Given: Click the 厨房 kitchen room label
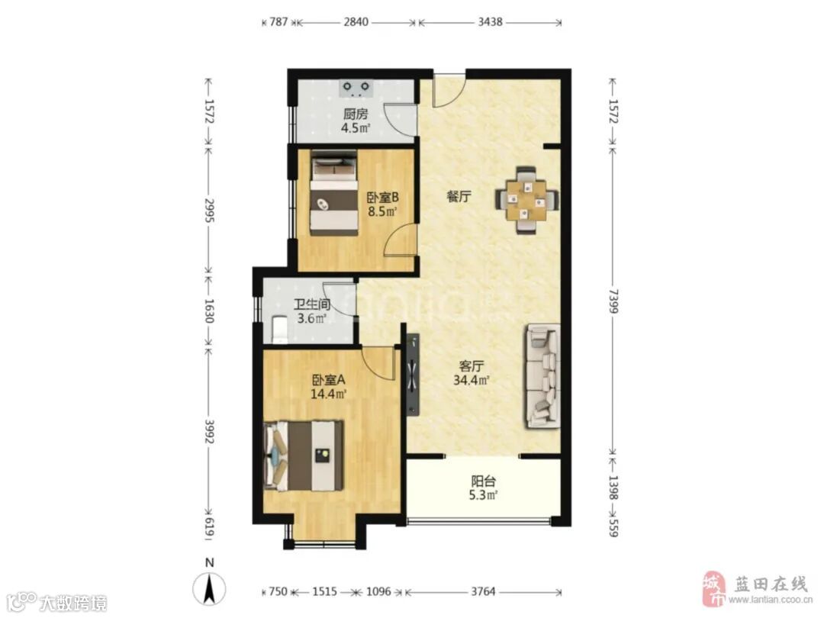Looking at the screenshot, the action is coord(356,114).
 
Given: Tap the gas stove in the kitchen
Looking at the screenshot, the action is coord(356,89).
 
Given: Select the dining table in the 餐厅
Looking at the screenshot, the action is coord(526,200).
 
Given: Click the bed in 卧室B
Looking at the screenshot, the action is coord(333,193).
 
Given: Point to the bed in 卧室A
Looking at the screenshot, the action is coord(304,455).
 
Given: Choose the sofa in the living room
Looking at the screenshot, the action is coord(541,376).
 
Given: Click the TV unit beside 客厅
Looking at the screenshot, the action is coord(413,374).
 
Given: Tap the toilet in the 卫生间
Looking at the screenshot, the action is coord(279,329).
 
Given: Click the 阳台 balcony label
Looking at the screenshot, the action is coord(483,481).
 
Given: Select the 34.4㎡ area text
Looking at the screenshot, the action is coord(472,379).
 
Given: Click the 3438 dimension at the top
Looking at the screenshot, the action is coord(490,22).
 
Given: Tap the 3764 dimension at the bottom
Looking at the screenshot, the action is coord(483,592).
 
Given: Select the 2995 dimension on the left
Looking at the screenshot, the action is coord(209,210).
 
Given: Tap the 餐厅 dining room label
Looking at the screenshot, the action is coord(459,197).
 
